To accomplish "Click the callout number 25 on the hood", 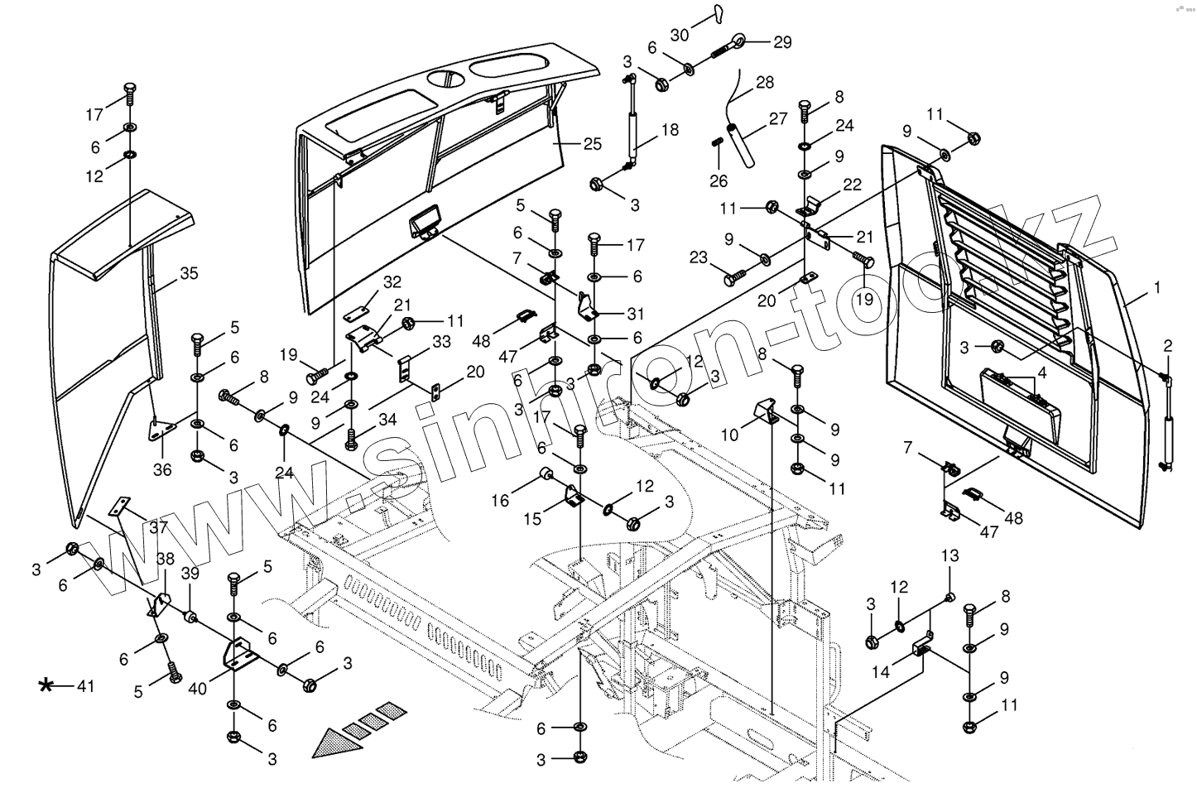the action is pos(592,144).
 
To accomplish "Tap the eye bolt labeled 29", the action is pos(730,46).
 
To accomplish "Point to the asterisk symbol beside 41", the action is pos(46,685).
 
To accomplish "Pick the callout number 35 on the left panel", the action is pos(189,273).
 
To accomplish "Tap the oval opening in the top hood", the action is pos(510,68).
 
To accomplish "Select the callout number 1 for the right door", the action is pos(1157,288).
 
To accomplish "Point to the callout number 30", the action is pos(680,36).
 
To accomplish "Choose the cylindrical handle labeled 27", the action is pos(741,145).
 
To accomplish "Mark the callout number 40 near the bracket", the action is pos(197,689).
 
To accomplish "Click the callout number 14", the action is pos(881,671).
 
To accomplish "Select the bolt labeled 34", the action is pos(352,440).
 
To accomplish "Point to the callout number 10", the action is pos(729,435).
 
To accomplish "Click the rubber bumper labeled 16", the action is pos(546,473).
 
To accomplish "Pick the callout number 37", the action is pos(159,527).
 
